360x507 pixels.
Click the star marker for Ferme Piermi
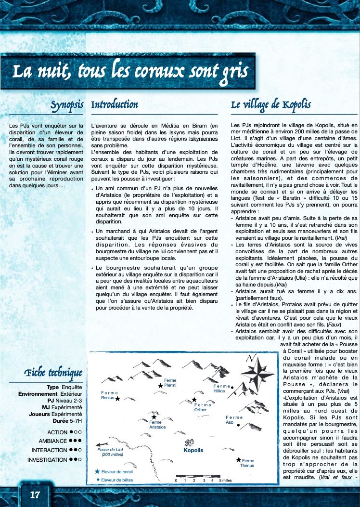point(160,385)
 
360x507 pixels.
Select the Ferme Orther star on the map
point(194,400)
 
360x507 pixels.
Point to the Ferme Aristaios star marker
point(154,417)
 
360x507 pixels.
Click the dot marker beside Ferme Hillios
point(232,387)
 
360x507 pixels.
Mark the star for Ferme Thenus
point(238,460)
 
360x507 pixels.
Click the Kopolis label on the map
point(193,451)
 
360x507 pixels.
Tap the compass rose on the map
point(257,374)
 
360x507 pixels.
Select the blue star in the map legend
point(97,471)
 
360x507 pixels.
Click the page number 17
point(35,494)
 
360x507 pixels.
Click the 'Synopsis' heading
point(67,104)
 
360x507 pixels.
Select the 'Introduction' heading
point(115,104)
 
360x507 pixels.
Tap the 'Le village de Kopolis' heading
point(270,104)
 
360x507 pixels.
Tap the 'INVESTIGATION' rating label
point(47,459)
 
